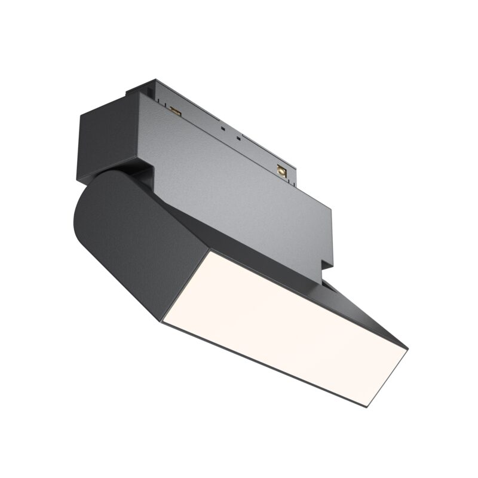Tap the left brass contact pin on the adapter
pyautogui.click(x=175, y=111)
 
